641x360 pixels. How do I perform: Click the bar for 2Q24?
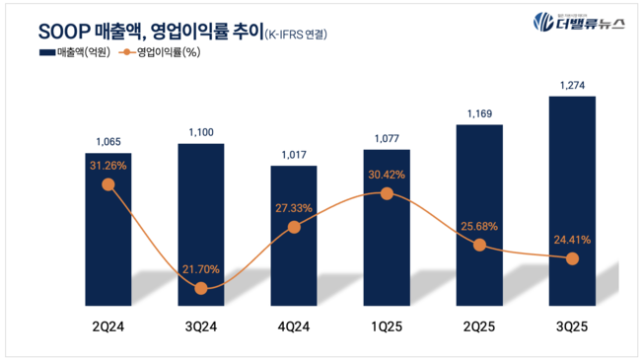tap(107, 227)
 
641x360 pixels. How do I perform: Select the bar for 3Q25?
tap(572, 197)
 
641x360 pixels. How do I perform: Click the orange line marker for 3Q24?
tap(201, 288)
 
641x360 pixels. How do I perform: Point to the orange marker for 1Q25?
tap(387, 194)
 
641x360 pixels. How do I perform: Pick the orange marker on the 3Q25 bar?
tap(572, 258)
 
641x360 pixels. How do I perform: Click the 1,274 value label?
tap(572, 86)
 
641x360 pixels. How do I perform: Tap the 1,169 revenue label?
tap(479, 114)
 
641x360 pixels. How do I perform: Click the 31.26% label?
tap(107, 166)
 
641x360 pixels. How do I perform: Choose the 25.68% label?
tap(479, 226)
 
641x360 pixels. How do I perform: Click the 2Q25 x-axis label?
tap(479, 325)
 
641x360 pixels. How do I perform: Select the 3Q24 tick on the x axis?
tap(201, 325)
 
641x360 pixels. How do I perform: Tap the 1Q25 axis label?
tap(387, 325)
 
